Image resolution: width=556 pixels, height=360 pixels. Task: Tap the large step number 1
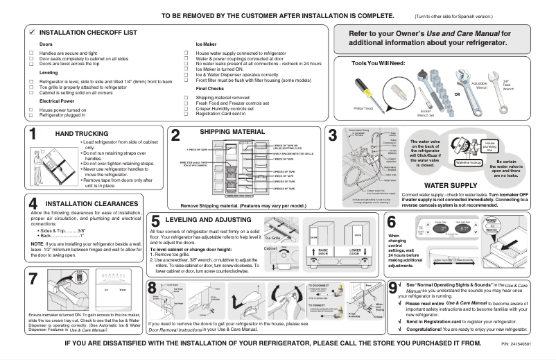point(33,135)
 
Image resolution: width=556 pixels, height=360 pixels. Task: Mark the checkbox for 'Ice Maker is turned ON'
point(188,68)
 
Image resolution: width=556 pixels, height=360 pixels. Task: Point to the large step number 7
point(33,279)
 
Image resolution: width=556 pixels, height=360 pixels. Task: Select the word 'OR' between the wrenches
point(457,92)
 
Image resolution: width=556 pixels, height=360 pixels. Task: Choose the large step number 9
point(394,286)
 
